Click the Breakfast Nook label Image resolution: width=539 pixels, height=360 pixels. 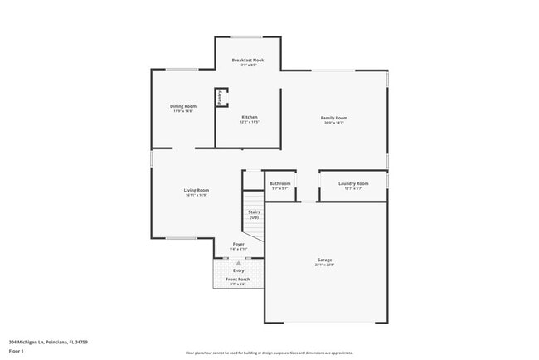(x=248, y=60)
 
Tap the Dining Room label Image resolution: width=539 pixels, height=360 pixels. (x=183, y=106)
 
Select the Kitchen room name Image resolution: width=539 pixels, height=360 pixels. (x=250, y=117)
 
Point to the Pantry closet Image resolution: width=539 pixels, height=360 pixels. (x=221, y=97)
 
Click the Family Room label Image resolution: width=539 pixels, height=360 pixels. (x=334, y=118)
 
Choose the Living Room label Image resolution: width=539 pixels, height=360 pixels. (x=197, y=190)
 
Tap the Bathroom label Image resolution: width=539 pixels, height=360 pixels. (x=279, y=183)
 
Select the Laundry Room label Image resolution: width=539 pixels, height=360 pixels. (x=353, y=183)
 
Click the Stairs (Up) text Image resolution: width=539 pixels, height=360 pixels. (x=254, y=214)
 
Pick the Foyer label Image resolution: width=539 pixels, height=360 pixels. (x=238, y=244)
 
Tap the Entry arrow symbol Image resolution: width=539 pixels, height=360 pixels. (x=239, y=262)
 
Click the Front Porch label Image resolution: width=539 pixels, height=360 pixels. (x=238, y=279)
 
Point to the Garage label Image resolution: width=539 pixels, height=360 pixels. (x=324, y=260)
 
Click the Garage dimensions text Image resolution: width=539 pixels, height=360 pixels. (x=324, y=265)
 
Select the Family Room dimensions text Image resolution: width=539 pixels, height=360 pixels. (x=334, y=123)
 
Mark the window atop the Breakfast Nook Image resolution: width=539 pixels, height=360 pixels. (x=248, y=37)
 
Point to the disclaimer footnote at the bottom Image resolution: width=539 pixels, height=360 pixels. (x=269, y=352)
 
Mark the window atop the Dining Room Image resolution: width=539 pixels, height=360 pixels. (x=182, y=70)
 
